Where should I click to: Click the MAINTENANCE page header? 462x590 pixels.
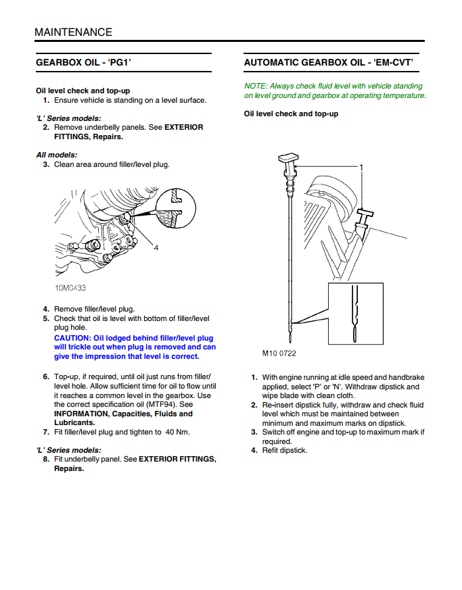(73, 32)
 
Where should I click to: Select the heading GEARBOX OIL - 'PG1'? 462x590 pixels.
(83, 63)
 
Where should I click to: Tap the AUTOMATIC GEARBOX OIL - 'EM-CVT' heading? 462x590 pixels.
(328, 63)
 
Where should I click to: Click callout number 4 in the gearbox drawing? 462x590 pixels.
(156, 248)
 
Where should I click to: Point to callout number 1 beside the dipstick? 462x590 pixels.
(362, 167)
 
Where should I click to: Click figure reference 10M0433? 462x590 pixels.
(70, 287)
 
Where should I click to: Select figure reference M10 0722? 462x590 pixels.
(279, 353)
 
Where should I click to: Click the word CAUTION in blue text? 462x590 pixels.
(72, 338)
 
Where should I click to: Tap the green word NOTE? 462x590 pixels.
(255, 86)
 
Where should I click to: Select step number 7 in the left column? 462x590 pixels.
(45, 433)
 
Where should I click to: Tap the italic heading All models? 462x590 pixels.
(57, 155)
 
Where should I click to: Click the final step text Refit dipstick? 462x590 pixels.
(284, 450)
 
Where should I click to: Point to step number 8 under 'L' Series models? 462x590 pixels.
(45, 460)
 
